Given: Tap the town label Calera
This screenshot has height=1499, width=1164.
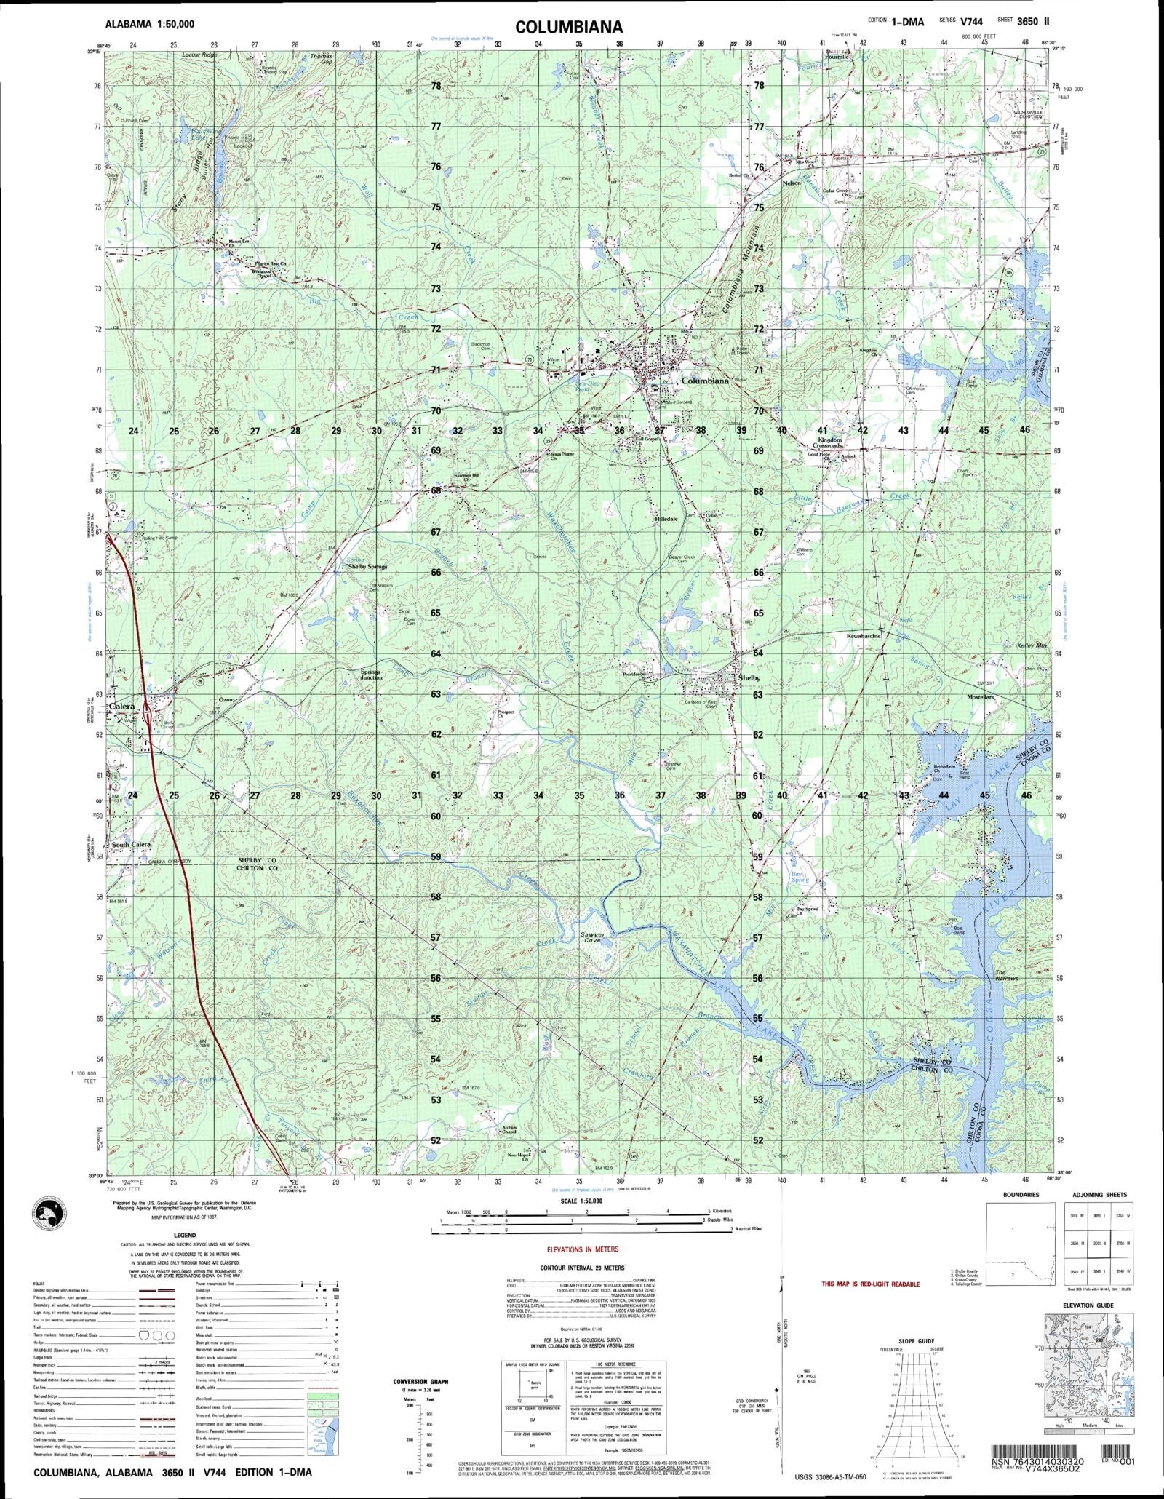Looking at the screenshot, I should [122, 707].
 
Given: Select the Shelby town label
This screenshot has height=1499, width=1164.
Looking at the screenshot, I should [749, 678].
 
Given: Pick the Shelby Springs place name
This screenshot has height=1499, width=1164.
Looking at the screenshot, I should [367, 566].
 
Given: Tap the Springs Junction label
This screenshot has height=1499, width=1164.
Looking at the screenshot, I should [371, 674].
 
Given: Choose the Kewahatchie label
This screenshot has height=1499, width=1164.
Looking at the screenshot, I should [864, 635].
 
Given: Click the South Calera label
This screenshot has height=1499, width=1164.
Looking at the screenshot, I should [132, 844].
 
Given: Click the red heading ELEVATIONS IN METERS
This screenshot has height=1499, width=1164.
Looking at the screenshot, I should [583, 1249].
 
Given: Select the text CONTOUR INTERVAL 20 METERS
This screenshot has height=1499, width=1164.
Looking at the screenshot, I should [582, 1267].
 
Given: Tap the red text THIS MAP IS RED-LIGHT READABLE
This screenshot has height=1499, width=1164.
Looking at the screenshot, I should [870, 1284].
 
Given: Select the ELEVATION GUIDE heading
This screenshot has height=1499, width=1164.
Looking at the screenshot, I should [1088, 1305].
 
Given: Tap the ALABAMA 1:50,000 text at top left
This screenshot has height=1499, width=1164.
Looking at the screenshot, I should [150, 24].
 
